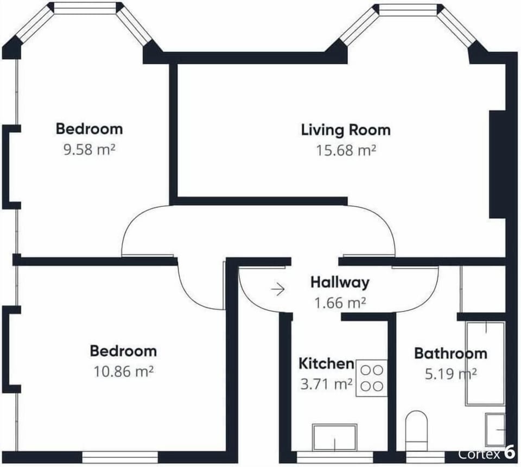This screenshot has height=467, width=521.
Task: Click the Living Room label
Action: tap(346, 130)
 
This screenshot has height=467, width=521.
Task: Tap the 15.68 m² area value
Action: tap(346, 150)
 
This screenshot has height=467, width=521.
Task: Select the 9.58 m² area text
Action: tap(89, 149)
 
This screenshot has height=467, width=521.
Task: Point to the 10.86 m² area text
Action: tap(123, 371)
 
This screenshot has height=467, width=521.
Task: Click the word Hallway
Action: tap(340, 282)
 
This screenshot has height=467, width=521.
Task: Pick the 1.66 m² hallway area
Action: tap(340, 303)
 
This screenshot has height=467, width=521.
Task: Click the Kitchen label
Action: tap(326, 364)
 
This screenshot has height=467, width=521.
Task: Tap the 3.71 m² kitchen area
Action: tap(326, 384)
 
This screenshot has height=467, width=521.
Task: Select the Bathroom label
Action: tap(450, 354)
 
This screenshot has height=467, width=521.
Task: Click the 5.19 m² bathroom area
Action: tap(451, 374)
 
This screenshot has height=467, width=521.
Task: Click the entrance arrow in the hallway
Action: tap(278, 289)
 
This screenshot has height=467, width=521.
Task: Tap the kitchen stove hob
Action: tap(372, 378)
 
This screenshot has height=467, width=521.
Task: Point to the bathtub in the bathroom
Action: tap(485, 363)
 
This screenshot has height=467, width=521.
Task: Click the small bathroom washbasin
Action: tap(495, 430)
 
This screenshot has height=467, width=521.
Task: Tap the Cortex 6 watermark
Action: tap(486, 453)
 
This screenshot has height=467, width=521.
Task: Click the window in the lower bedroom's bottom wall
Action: tap(120, 457)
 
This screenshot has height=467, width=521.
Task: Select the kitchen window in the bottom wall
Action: tap(335, 457)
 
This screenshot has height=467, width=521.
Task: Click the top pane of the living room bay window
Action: tap(408, 9)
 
